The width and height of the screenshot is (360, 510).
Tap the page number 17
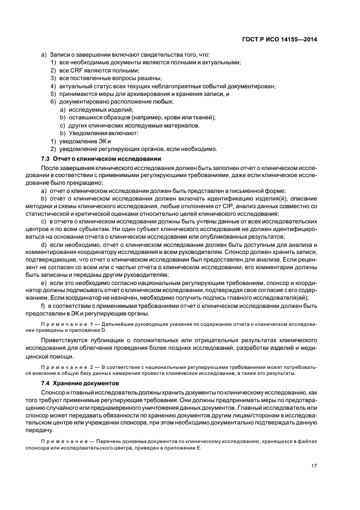[x=314, y=465]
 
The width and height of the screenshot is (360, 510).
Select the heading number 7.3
[x=46, y=158]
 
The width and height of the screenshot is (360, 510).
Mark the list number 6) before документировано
[x=53, y=101]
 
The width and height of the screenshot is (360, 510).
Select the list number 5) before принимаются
[x=53, y=94]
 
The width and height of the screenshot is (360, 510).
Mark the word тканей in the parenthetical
[x=204, y=117]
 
